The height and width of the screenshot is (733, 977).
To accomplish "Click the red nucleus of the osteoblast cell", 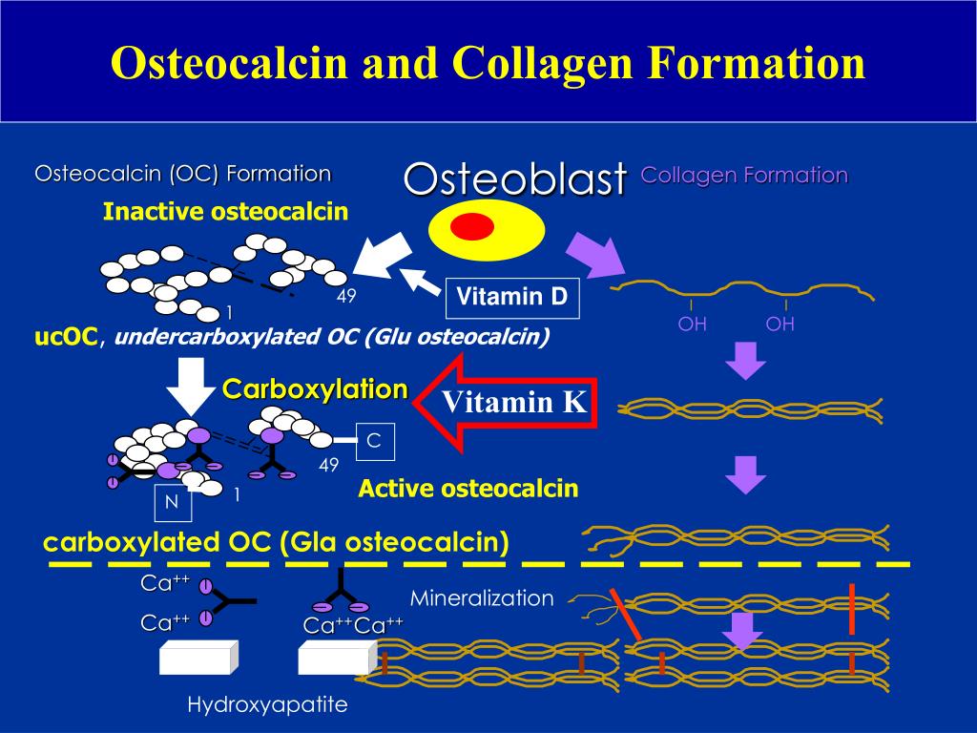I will click(x=471, y=227).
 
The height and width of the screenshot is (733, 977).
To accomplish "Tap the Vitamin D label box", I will click(x=511, y=298).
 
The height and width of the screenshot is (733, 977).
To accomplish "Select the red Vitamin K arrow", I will click(x=505, y=402).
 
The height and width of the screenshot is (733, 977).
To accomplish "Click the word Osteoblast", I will click(x=515, y=178).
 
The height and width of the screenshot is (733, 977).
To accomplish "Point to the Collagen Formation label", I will click(x=744, y=176).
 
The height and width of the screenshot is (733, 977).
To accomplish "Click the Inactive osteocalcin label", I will click(x=225, y=212).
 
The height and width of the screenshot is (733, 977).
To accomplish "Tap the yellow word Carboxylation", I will click(x=315, y=389).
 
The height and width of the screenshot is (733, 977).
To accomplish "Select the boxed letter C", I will click(x=374, y=441).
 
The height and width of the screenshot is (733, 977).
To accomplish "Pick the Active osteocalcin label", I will click(x=468, y=489).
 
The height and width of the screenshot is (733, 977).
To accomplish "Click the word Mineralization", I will click(x=482, y=598).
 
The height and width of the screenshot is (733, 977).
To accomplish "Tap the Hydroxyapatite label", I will click(x=267, y=705).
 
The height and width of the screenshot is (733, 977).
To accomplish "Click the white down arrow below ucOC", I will click(x=192, y=386).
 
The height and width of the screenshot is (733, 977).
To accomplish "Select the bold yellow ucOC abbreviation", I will click(x=66, y=337).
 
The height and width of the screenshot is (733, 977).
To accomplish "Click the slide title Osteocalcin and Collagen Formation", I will click(x=488, y=62).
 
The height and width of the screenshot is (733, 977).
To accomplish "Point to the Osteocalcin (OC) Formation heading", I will click(x=183, y=174).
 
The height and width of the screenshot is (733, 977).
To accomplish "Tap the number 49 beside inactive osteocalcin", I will click(x=345, y=297).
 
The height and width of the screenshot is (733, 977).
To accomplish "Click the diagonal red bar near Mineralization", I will click(x=627, y=614).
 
